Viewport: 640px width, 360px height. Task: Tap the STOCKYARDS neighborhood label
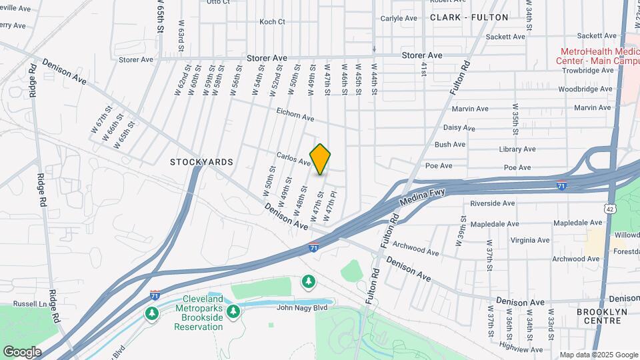click(x=201, y=162)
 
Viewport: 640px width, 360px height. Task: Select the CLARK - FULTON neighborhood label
click(x=469, y=17)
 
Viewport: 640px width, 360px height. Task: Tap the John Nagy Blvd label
click(x=301, y=307)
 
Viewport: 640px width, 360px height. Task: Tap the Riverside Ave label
click(x=493, y=203)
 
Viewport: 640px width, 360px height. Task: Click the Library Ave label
click(x=517, y=149)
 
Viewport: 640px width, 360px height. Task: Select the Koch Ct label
click(x=272, y=22)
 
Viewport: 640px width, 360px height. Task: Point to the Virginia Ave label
click(x=529, y=240)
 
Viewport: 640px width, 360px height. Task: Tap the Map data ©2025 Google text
click(x=599, y=354)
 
